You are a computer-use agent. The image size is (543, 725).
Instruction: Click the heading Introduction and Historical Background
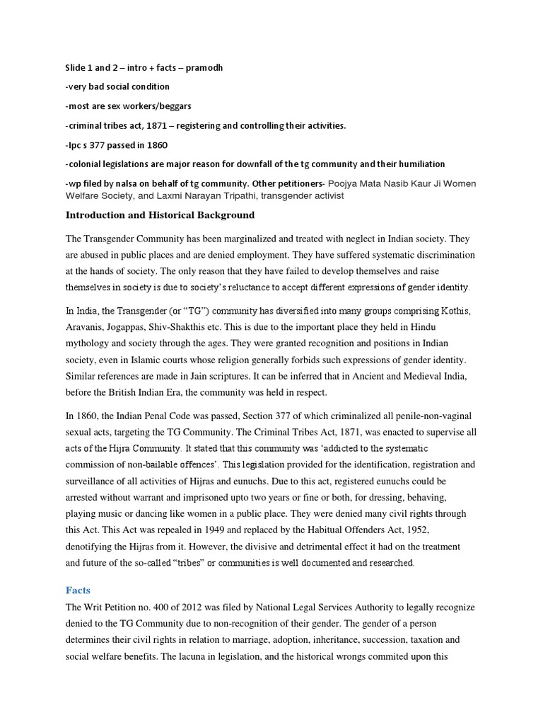point(160,215)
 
